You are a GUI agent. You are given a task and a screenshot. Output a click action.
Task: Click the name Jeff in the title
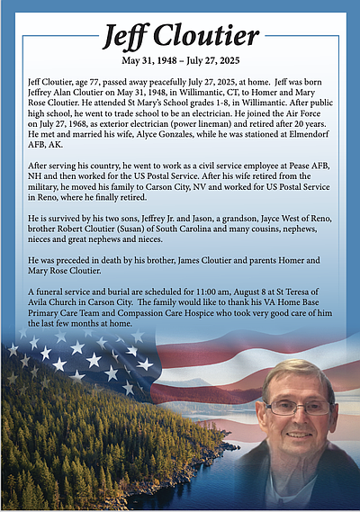click(126, 36)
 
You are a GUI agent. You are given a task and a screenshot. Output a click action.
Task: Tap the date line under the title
click(180, 62)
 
